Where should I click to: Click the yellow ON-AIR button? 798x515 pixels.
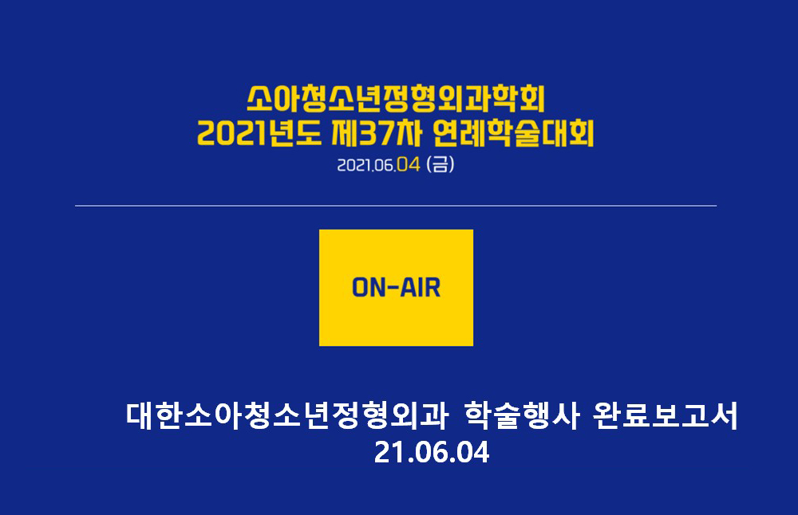coord(396,288)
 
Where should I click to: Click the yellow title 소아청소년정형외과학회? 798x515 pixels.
coord(396,99)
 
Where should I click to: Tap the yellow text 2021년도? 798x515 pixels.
coord(259,133)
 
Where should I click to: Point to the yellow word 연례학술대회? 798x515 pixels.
coord(513,133)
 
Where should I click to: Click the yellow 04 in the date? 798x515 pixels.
coord(408,164)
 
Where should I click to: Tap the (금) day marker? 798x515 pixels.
coord(440,164)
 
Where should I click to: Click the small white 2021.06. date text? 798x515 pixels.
coord(366,165)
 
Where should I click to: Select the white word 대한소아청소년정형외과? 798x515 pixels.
coord(286,416)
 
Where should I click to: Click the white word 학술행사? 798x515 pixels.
coord(522,416)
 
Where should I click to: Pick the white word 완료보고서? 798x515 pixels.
coord(666,416)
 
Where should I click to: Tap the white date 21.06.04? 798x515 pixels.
coord(432,452)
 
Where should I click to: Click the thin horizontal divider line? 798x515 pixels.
coord(396,206)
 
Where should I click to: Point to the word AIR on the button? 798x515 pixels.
coord(421,288)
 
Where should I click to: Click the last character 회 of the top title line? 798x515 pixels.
coord(532,99)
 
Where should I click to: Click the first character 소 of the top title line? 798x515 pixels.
coord(259,99)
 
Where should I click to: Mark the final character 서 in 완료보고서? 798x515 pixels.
coord(724,416)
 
